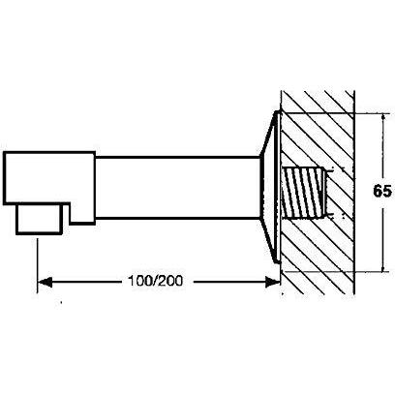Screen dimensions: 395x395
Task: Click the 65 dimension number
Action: coord(382,192)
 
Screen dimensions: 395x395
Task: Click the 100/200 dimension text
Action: coord(155,281)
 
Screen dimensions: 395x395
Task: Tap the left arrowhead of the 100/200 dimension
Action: coord(46,282)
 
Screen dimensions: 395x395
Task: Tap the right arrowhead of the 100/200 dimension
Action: coord(272,282)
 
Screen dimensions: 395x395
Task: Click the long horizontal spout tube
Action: coord(177,188)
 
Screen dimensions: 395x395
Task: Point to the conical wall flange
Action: coord(270,187)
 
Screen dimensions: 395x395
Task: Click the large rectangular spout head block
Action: coord(50,187)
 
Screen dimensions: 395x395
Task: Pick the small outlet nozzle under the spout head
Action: coord(39,219)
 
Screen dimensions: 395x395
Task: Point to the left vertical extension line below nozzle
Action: coord(38,265)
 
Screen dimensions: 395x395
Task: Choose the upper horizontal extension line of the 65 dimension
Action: coord(334,113)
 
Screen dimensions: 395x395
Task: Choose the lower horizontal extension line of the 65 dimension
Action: coord(334,271)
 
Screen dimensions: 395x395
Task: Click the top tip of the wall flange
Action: coord(277,111)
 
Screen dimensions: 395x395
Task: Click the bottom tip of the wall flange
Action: coord(277,262)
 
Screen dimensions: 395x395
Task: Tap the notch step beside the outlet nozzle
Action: coord(66,214)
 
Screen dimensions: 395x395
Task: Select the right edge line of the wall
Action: coord(354,193)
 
